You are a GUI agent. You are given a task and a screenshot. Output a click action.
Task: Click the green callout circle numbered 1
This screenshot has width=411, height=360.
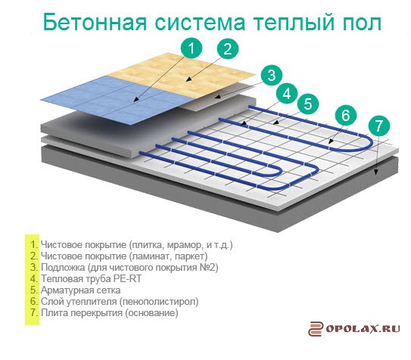191,48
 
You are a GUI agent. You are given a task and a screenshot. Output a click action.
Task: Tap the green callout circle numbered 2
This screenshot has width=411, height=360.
228,49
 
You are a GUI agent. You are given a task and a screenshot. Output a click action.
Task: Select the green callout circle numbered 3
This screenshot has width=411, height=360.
272,75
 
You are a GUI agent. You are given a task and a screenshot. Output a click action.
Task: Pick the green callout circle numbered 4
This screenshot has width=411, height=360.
287,94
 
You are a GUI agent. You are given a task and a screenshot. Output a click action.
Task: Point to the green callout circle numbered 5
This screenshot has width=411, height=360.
308,104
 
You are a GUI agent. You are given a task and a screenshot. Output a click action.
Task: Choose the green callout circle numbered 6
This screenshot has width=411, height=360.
346,115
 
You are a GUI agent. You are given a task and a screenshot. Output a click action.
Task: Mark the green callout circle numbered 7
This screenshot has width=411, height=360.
379,126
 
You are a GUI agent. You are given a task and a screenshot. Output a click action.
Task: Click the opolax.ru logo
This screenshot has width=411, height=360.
354,328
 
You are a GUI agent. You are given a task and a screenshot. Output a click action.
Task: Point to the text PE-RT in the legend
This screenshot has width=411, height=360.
127,278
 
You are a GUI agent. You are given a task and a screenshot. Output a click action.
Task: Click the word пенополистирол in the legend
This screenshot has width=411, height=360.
159,302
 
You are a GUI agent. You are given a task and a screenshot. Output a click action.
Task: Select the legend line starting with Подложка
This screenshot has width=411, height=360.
129,267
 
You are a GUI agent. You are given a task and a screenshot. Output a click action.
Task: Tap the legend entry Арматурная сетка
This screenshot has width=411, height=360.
81,290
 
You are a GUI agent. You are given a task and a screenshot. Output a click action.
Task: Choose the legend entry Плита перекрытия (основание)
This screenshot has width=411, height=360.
110,312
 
